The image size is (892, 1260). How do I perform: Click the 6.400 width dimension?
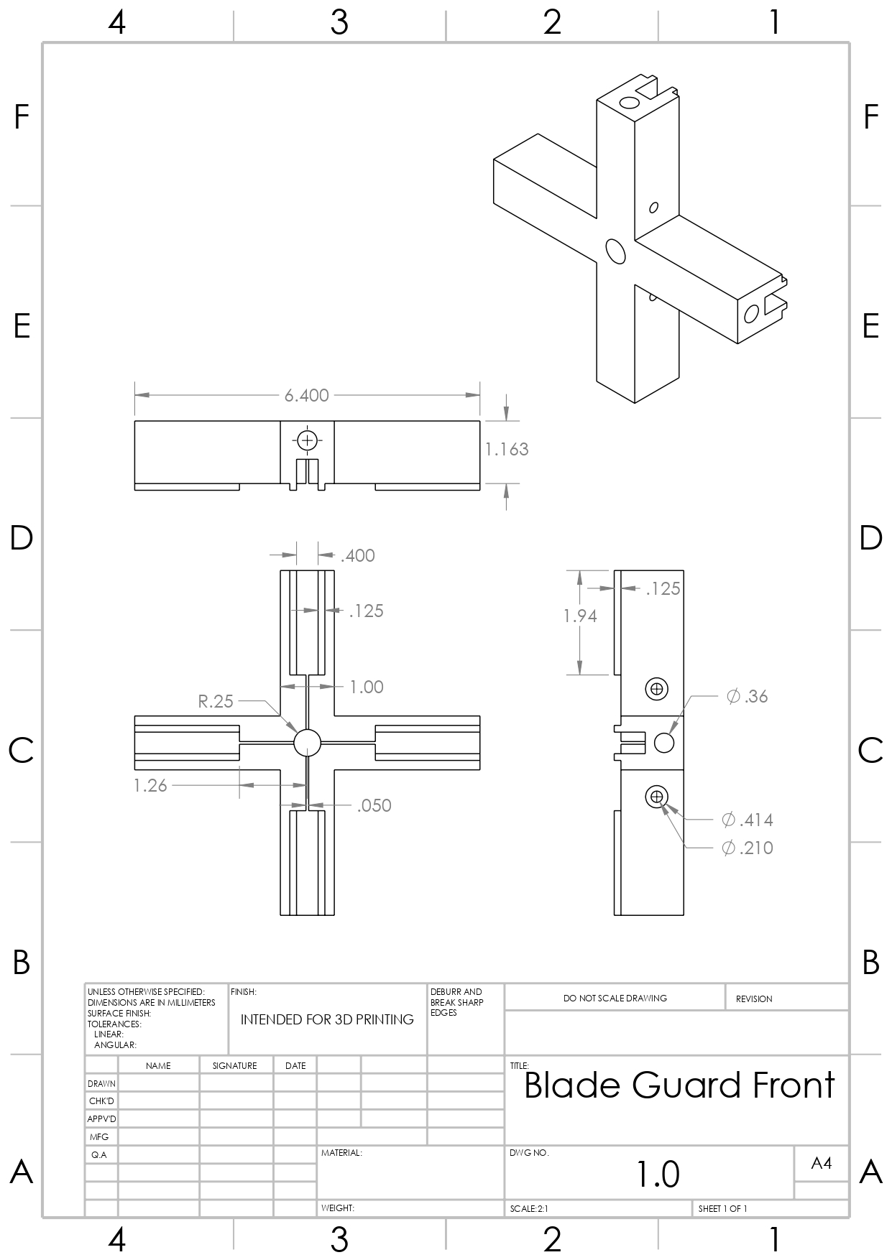click(306, 395)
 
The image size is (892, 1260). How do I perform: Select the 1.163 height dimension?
click(507, 449)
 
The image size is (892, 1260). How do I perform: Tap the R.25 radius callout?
click(216, 701)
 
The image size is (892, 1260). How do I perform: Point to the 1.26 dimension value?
click(150, 785)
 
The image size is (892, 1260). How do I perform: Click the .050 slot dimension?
click(374, 805)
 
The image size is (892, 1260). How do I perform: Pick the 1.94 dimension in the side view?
click(580, 616)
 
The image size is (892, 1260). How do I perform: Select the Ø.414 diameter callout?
click(748, 820)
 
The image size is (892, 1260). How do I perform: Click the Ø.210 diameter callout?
click(748, 848)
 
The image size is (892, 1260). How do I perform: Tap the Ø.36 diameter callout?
click(748, 696)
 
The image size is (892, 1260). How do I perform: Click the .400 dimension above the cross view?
click(358, 555)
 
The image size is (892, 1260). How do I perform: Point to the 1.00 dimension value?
click(367, 687)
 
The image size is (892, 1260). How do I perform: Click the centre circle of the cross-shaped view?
click(307, 743)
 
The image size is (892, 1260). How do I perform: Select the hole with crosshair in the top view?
click(307, 440)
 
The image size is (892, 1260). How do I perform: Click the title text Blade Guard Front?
click(679, 1085)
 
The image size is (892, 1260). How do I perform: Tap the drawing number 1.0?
click(658, 1174)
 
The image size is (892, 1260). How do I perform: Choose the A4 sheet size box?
click(821, 1163)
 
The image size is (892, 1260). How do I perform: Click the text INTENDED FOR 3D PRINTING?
click(327, 1019)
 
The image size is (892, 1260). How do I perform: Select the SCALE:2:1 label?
click(529, 1209)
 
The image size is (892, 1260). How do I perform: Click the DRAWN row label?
click(101, 1083)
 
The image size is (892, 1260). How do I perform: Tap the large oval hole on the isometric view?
click(615, 251)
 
